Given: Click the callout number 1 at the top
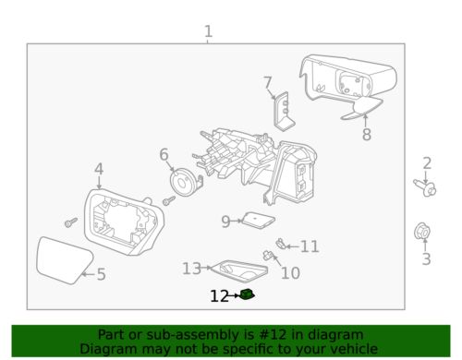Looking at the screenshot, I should (208, 33).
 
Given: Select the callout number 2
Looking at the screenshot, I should (427, 164).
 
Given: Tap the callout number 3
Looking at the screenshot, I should (427, 260).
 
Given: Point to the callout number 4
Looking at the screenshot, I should (99, 169).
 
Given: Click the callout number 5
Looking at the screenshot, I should (102, 274).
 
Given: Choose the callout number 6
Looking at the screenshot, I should (164, 154).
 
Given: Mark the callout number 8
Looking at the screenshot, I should (366, 135).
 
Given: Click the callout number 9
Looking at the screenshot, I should (225, 222).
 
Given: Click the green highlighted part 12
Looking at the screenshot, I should (247, 295).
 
